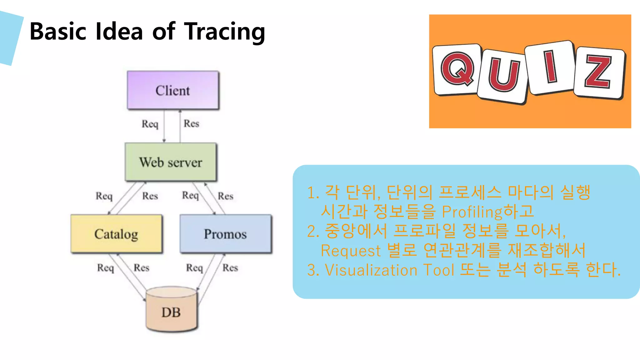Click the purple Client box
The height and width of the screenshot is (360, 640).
(173, 90)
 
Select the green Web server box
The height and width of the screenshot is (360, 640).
(171, 162)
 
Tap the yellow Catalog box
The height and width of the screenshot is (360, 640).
(116, 234)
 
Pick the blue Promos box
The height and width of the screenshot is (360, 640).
(225, 234)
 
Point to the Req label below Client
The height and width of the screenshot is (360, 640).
(150, 124)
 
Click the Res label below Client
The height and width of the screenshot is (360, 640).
(191, 123)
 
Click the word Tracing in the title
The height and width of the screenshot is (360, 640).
(225, 32)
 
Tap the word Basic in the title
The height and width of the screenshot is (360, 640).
(58, 32)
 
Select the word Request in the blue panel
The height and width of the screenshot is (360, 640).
(351, 251)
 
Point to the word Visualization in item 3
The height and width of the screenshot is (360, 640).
(371, 270)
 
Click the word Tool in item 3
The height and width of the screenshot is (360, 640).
(438, 270)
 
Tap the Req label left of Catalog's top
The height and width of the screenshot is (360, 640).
(104, 196)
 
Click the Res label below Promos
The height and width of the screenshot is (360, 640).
(230, 267)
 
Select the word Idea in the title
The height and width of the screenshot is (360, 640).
(119, 32)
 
